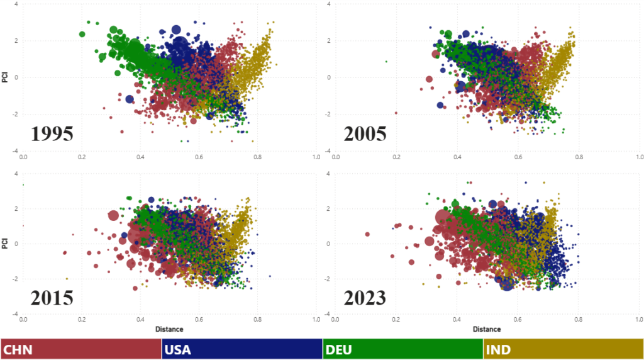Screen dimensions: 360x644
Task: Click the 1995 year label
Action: coord(53,134)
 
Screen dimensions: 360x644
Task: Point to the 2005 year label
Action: coord(365,134)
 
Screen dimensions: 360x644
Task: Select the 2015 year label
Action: coord(53,297)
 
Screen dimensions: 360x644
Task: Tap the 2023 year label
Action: coord(365,297)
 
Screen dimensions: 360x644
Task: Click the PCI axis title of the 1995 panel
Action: coord(6,77)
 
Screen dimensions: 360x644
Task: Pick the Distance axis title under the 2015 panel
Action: coord(170,329)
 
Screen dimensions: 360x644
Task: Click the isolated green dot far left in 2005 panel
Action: coord(386,61)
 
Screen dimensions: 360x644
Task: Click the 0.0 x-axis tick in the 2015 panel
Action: coord(23,320)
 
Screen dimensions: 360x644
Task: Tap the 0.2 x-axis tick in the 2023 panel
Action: coord(396,320)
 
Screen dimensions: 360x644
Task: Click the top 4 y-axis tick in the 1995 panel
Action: coord(16,4)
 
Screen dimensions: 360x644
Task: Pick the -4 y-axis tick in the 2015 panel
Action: coord(14,314)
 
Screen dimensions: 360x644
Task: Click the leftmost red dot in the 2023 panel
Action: coord(367,234)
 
